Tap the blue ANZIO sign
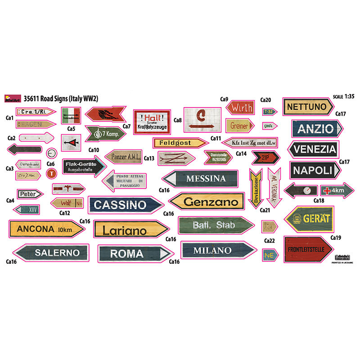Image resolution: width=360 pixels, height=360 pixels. click(x=316, y=129)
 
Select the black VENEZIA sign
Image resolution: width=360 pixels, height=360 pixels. click(x=318, y=149)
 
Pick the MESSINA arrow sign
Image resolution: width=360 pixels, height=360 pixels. click(x=200, y=179)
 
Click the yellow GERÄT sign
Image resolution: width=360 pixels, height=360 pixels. click(x=309, y=219)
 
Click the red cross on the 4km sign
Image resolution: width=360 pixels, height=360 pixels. click(x=328, y=190)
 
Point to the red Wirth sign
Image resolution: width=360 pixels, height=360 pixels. click(x=242, y=108)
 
